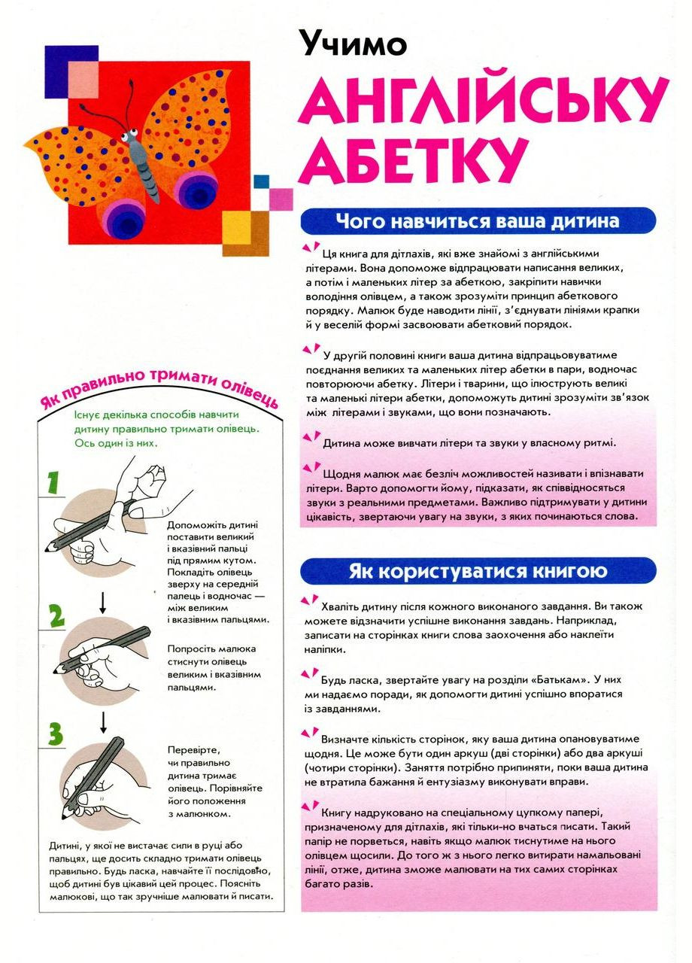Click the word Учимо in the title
point(353,44)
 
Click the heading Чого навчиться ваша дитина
point(478,221)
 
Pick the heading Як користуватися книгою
point(478,571)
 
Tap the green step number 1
point(53,483)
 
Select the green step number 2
point(56,616)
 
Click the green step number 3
point(56,734)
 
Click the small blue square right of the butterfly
point(261,181)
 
